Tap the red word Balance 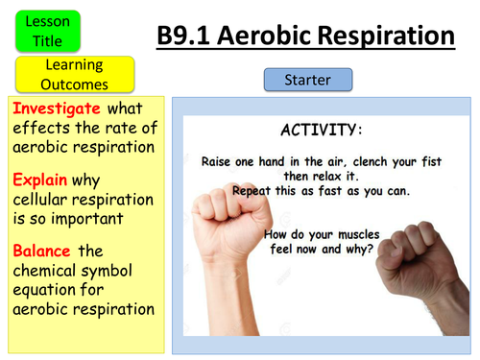click(42, 250)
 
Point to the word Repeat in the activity click(246, 191)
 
